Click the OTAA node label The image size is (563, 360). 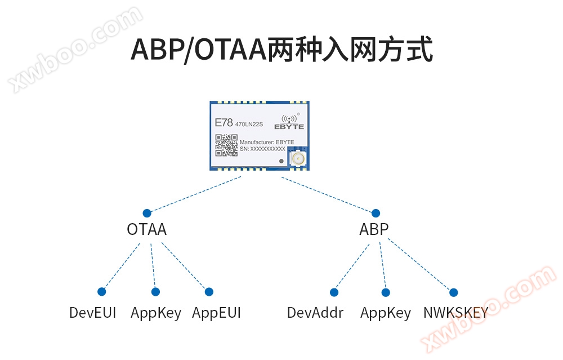147,229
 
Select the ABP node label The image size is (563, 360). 374,229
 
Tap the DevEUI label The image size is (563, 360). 93,313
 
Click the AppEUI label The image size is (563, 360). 217,313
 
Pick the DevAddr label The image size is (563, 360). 315,313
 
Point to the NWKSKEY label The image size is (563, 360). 455,313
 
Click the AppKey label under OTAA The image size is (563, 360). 156,313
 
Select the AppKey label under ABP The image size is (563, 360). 386,313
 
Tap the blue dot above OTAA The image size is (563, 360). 147,213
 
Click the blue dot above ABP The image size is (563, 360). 376,213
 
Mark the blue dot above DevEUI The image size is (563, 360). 101,291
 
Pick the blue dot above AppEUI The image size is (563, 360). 209,291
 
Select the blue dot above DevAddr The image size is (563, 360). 334,292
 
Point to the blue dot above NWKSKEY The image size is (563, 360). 453,292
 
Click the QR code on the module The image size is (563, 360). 226,145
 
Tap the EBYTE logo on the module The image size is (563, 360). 289,122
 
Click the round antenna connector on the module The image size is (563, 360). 298,158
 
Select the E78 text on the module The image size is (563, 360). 224,122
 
